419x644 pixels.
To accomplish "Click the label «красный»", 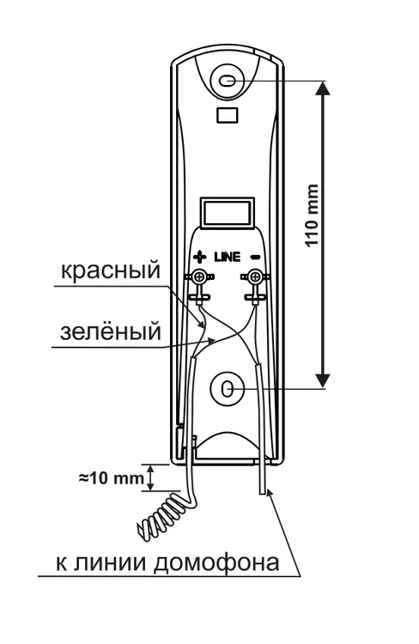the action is tap(110, 271).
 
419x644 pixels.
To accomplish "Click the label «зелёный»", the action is tap(110, 331).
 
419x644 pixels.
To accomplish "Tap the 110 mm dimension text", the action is tap(313, 216).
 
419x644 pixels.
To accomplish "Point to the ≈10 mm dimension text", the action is tap(112, 478).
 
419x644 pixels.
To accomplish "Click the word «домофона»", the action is tap(216, 563).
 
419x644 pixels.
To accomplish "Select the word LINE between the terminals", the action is tap(228, 257).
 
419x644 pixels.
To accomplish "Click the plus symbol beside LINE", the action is tap(200, 257).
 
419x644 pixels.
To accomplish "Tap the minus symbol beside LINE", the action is tap(255, 257).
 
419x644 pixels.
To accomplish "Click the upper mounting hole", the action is tap(228, 81).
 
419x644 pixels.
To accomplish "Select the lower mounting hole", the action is tap(228, 389).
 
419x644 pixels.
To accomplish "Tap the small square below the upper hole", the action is tap(228, 114).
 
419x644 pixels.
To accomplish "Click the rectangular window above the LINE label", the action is tap(227, 213).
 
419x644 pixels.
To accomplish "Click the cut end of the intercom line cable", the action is tap(263, 493).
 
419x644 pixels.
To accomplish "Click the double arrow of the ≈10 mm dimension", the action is tap(150, 478).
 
